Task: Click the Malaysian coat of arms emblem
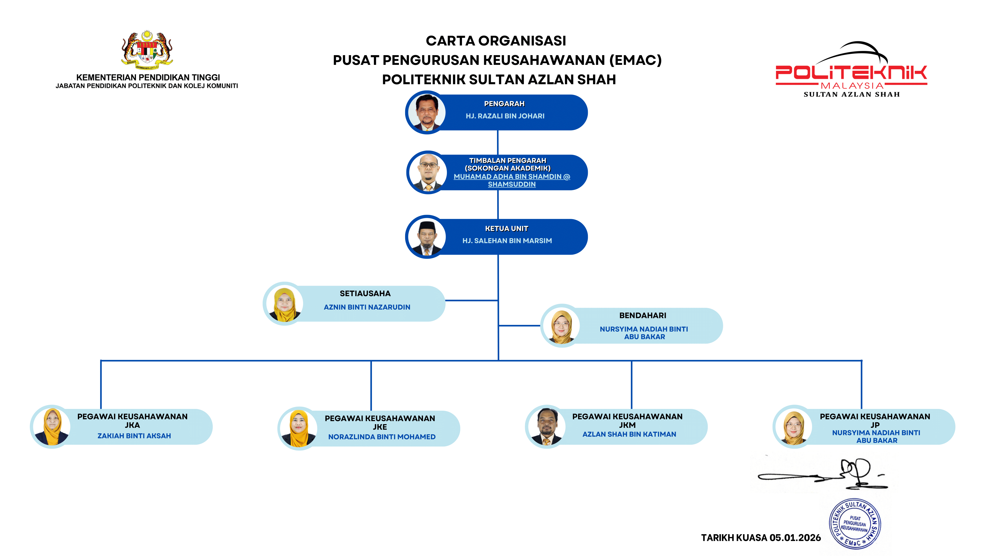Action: [147, 50]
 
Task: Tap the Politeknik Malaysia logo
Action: [851, 71]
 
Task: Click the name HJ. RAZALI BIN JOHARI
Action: [505, 116]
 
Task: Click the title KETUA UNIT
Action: [506, 228]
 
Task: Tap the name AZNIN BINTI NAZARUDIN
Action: [367, 307]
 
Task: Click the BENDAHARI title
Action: [643, 316]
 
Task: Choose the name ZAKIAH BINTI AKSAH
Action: [134, 436]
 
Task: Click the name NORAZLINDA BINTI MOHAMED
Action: [382, 437]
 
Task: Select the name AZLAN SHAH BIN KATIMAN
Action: [629, 434]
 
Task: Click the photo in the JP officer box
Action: [794, 427]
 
